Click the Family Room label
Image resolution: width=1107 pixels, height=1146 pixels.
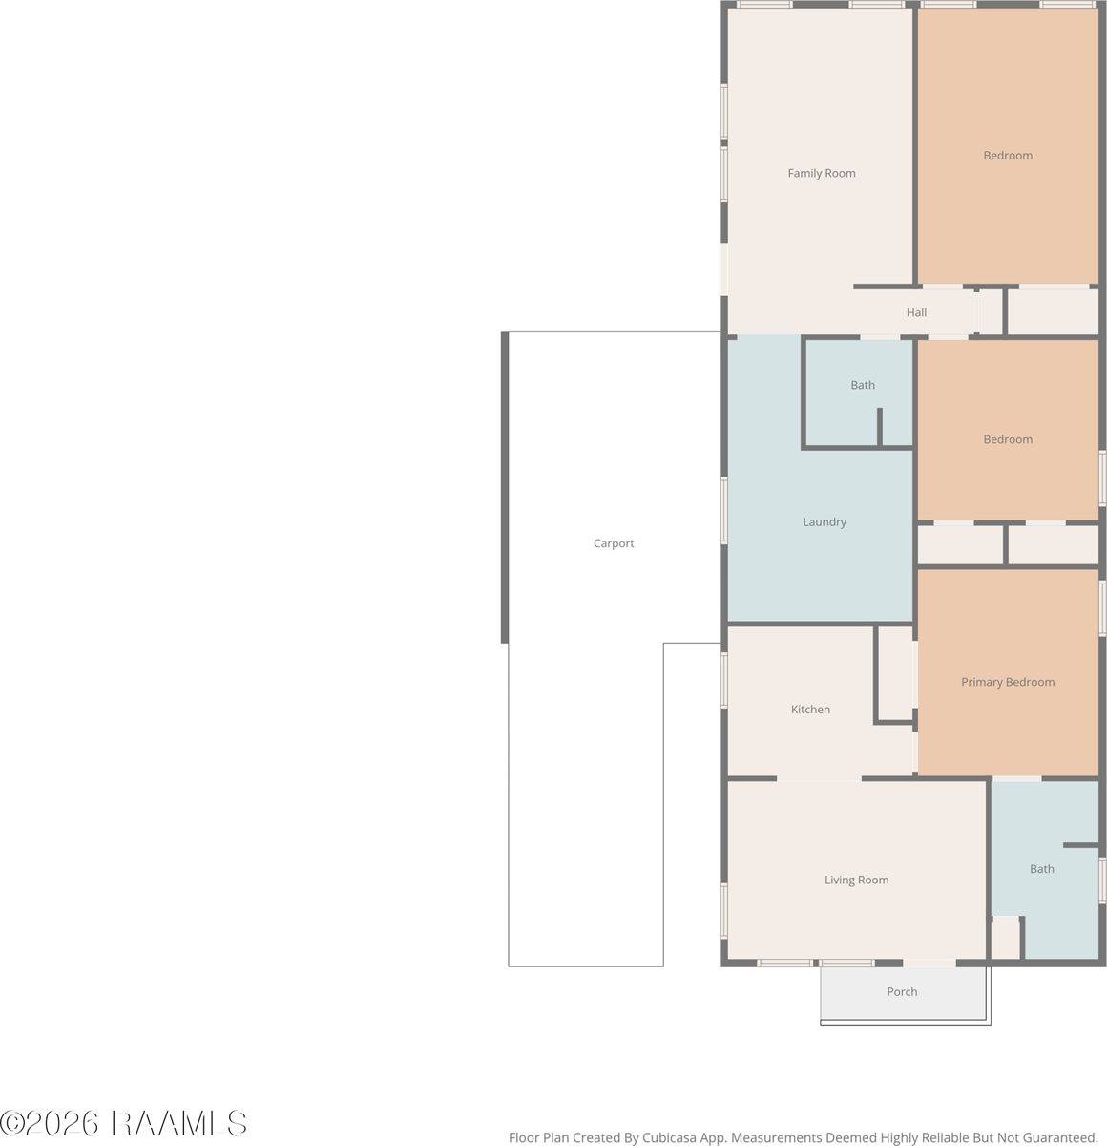tap(822, 173)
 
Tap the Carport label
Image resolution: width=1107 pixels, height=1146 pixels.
tap(614, 543)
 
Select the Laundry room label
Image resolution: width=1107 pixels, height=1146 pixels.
tap(825, 521)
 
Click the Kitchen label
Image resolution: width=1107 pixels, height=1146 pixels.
tap(810, 709)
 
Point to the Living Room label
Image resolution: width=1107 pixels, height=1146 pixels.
tap(856, 880)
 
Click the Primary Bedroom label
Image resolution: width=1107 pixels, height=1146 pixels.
tap(1008, 682)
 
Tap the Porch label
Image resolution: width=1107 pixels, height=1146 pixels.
tap(902, 991)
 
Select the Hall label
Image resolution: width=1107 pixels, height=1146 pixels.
tap(916, 312)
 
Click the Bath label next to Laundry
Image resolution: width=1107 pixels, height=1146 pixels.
tap(863, 385)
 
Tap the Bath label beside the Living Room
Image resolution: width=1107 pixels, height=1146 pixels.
tap(1042, 869)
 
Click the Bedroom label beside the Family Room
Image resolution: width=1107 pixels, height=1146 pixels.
tap(1008, 156)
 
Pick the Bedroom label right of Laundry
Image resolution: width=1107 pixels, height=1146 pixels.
tap(1008, 439)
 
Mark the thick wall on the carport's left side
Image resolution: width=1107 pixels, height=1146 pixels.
tap(505, 488)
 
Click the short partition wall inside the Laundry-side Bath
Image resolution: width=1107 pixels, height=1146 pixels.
tap(880, 427)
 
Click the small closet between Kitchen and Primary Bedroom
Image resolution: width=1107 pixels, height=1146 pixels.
tap(895, 673)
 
